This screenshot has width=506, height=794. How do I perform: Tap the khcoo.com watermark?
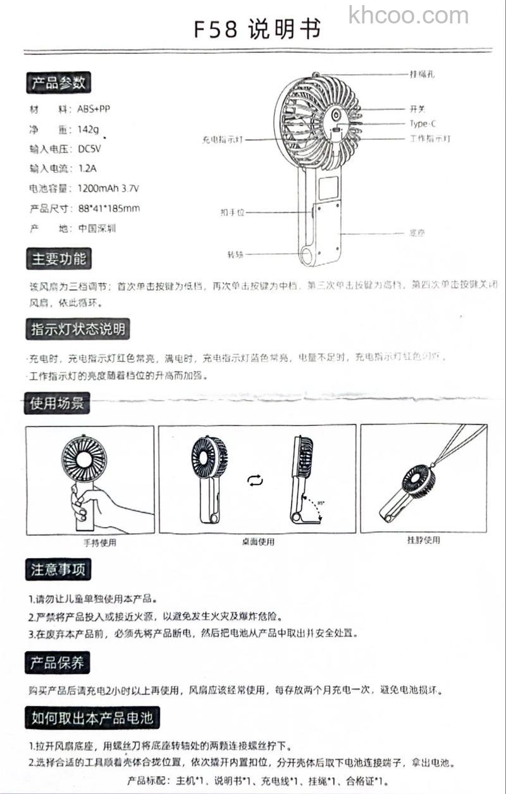coord(409,15)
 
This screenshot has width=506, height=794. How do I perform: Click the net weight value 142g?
coord(89,130)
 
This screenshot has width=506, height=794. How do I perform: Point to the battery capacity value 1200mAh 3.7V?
coord(109,189)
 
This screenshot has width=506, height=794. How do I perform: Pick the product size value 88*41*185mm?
coord(109,208)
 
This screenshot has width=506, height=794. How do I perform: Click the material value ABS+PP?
coord(94,109)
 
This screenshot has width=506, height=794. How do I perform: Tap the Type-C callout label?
coord(423,124)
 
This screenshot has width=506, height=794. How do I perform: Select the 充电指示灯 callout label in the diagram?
coord(223,139)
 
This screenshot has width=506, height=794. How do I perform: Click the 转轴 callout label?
coord(235,254)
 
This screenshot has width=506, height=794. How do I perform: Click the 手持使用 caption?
coord(100,542)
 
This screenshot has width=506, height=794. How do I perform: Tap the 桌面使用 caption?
coord(258,542)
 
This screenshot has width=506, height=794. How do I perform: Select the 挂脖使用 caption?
coord(423,540)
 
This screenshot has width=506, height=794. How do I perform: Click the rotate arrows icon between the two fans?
coord(254,481)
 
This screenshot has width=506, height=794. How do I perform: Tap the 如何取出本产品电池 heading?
coord(92,717)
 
